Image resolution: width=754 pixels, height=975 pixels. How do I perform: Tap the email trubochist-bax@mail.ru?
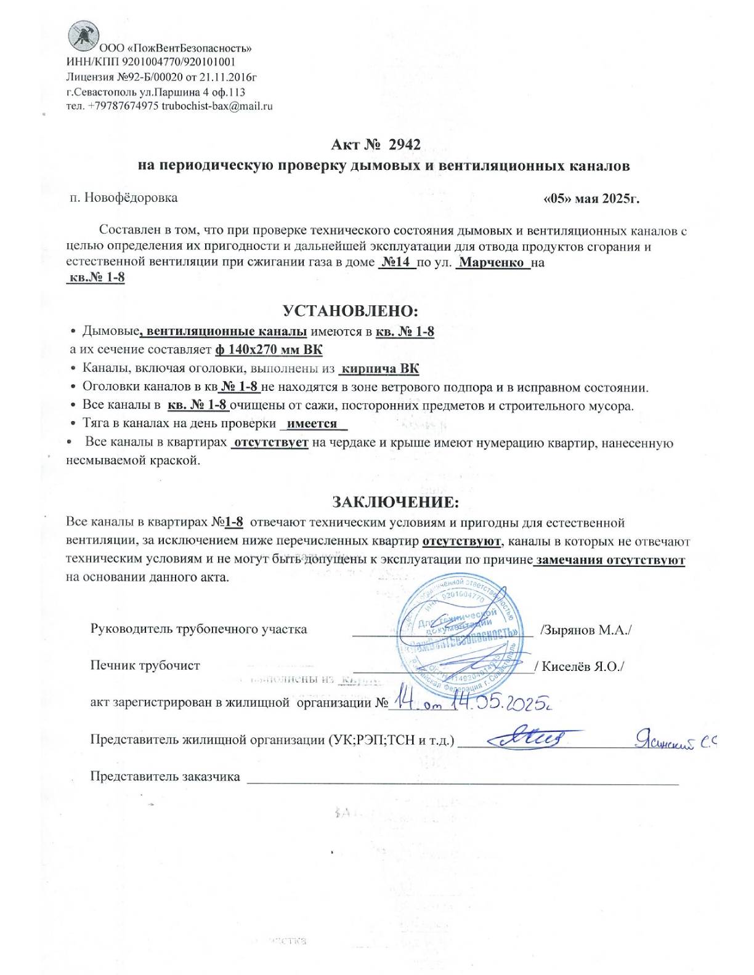click(217, 106)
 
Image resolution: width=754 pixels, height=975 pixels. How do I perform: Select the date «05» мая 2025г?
click(591, 199)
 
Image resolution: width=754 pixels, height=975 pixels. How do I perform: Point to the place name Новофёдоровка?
click(131, 198)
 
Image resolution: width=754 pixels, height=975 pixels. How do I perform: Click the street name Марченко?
click(493, 263)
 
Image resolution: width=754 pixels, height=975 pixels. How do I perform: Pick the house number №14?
click(396, 263)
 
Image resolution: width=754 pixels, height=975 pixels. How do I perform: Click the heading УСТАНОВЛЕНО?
click(351, 311)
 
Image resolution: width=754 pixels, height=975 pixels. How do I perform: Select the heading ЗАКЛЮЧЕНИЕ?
click(395, 502)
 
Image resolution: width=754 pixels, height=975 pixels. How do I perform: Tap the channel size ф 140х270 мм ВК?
click(269, 350)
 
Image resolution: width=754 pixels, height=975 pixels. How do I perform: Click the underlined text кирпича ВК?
click(379, 369)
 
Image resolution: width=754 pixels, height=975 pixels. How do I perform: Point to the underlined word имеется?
click(312, 424)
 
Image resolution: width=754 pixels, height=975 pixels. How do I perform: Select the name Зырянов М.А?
click(586, 630)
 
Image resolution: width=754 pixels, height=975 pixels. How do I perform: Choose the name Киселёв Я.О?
click(582, 667)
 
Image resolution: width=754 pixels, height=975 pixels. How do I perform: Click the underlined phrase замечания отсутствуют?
click(610, 561)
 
